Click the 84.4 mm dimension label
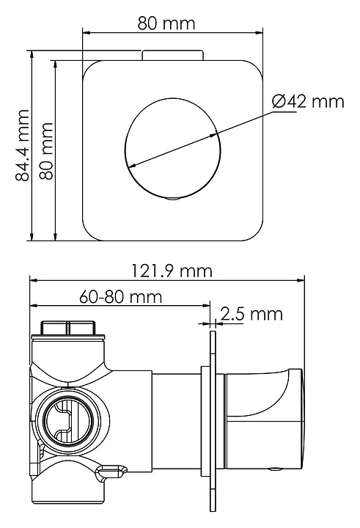click(23, 145)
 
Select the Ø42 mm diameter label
click(308, 101)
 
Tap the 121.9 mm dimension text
click(172, 271)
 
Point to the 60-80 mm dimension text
click(120, 297)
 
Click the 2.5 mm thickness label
click(251, 314)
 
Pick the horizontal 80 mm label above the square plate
click(166, 23)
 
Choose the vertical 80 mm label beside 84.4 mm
click(46, 151)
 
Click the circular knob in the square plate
click(173, 148)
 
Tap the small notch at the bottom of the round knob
click(173, 199)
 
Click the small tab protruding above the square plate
click(172, 56)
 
